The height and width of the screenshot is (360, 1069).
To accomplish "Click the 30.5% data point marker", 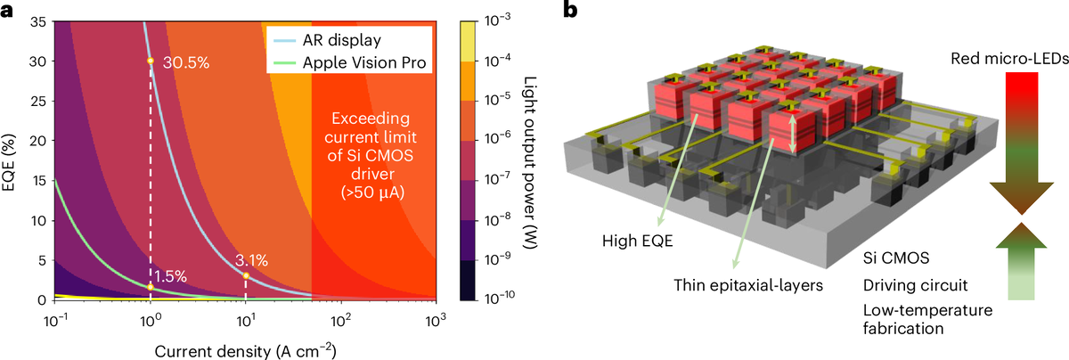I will (x=150, y=61).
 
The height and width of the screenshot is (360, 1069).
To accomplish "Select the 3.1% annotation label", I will (x=253, y=261).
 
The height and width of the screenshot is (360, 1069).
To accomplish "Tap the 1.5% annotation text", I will (x=170, y=277).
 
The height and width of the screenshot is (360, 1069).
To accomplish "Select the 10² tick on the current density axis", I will (x=339, y=317).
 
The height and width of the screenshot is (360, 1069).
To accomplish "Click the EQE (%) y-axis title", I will (x=13, y=160).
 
